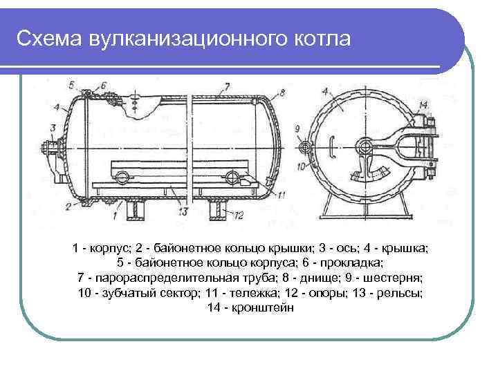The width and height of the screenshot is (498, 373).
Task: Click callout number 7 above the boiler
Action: pyautogui.click(x=225, y=86)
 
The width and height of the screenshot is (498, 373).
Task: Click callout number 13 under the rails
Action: pyautogui.click(x=183, y=211)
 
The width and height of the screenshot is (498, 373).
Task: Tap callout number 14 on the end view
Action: pyautogui.click(x=423, y=105)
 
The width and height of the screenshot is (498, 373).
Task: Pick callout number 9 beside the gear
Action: pyautogui.click(x=297, y=128)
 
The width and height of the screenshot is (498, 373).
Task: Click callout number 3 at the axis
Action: pyautogui.click(x=53, y=127)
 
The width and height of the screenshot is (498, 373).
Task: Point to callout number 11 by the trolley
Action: pyautogui.click(x=281, y=195)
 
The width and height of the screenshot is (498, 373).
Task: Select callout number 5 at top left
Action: pyautogui.click(x=72, y=84)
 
